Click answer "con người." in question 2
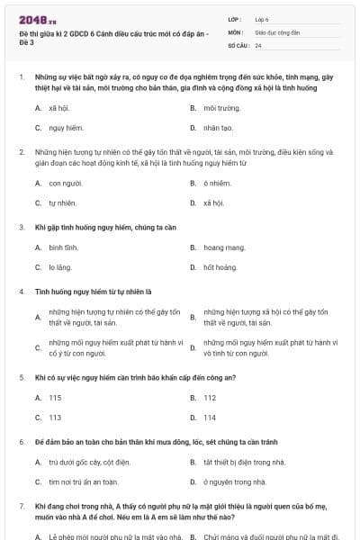point(66,183)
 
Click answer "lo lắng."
point(60,267)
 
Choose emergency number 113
point(55,418)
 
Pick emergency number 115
point(55,397)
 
